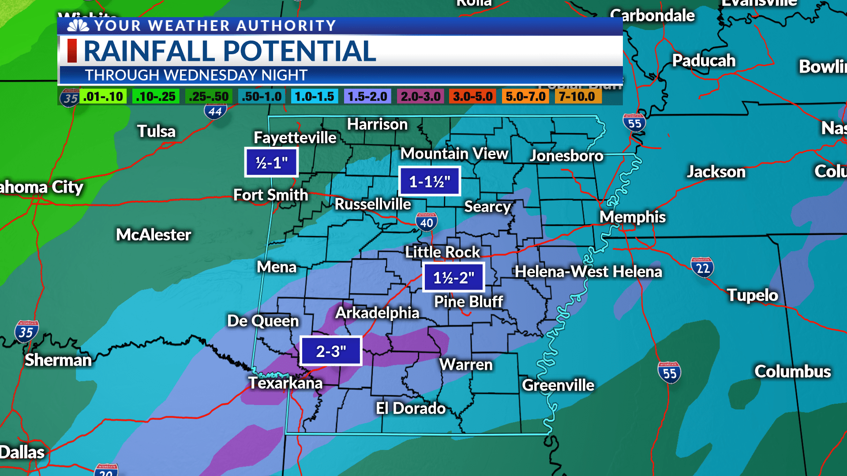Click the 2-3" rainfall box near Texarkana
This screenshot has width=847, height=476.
point(331,351)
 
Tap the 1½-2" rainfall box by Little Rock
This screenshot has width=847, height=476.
point(453,277)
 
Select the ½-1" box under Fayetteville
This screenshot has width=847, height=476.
point(272,163)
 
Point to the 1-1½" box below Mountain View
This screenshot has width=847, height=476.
point(430,181)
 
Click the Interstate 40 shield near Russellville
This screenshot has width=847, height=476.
point(426,222)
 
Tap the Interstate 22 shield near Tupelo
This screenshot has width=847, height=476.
point(702,268)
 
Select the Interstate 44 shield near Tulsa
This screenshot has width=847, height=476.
point(215,111)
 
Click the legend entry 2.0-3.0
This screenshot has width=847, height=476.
point(420,97)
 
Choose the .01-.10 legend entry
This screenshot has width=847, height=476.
point(103,97)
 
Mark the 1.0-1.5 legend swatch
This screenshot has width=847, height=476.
point(314,97)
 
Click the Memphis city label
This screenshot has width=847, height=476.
point(632,217)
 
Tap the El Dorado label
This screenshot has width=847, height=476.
point(410,408)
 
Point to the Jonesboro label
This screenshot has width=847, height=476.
point(566,156)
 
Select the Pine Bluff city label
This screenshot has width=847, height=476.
point(468,301)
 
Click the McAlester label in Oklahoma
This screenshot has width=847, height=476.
point(154,234)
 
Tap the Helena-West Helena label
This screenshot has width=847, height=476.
point(588,271)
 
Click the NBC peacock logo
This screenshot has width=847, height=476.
point(78,26)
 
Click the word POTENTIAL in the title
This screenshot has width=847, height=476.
point(300,51)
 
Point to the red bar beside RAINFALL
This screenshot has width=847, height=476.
point(72,51)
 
